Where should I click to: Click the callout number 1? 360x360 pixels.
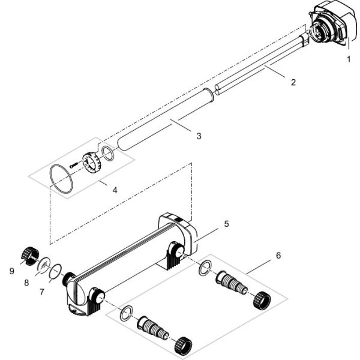click(349, 59)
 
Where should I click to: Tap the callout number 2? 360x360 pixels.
click(293, 82)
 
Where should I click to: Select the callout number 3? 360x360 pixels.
click(199, 136)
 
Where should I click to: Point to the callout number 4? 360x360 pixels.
click(115, 190)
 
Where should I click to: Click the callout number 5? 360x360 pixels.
click(227, 224)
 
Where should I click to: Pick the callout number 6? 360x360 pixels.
click(278, 256)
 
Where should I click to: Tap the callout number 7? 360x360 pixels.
click(42, 292)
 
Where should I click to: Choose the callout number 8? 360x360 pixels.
click(26, 283)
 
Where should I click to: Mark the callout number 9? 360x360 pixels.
click(12, 271)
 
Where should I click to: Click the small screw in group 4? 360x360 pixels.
click(74, 165)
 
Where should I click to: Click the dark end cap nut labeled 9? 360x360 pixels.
click(30, 256)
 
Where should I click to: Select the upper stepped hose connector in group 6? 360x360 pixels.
click(232, 283)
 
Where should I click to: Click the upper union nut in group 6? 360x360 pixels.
click(262, 299)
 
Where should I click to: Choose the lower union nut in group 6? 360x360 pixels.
click(183, 346)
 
